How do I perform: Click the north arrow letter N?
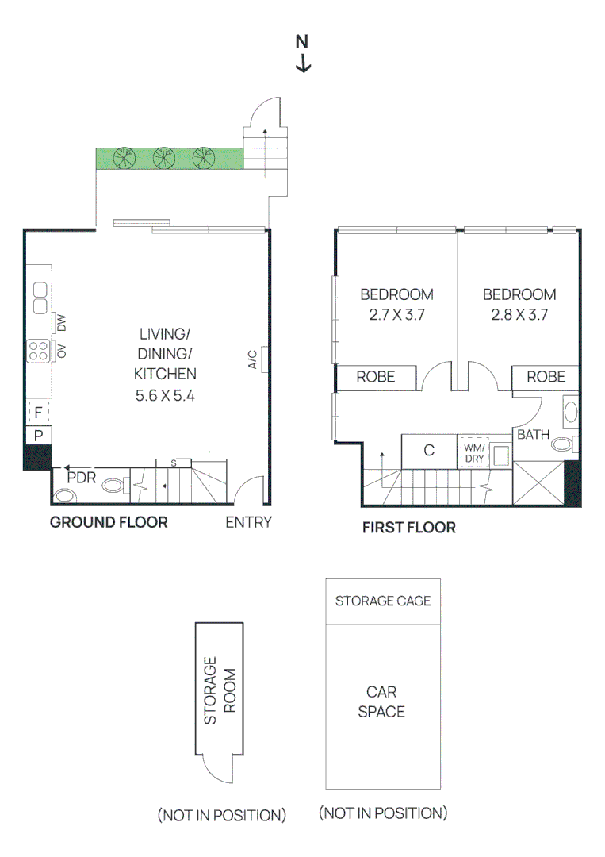(x=302, y=42)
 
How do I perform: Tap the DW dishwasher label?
(x=61, y=322)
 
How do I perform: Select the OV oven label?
(x=61, y=350)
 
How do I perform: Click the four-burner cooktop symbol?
(x=38, y=350)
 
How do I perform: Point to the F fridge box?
(x=37, y=413)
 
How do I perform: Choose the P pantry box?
(x=37, y=435)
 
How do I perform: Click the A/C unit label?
(x=252, y=359)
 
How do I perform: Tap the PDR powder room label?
(x=82, y=478)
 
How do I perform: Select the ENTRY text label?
(x=248, y=522)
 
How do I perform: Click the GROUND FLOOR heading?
(x=109, y=522)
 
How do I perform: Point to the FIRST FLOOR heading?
(x=408, y=527)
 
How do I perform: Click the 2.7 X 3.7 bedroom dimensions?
(x=396, y=314)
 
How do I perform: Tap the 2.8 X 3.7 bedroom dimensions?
(x=519, y=314)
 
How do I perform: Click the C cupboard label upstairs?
(x=429, y=451)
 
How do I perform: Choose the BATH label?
(x=533, y=435)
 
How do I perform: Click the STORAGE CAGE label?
(x=383, y=601)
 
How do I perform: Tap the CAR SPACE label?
(x=381, y=701)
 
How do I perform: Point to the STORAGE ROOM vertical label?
(x=220, y=690)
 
